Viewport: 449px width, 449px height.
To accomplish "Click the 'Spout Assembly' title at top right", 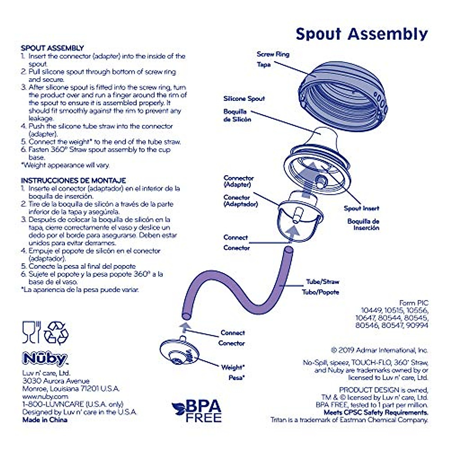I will pyautogui.click(x=361, y=34).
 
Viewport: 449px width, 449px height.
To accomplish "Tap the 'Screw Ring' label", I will pyautogui.click(x=273, y=54).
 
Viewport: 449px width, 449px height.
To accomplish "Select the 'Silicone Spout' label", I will pyautogui.click(x=244, y=99).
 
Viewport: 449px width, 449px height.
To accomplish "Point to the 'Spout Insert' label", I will pyautogui.click(x=361, y=208).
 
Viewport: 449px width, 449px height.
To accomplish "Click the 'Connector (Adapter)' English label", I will pyautogui.click(x=239, y=181).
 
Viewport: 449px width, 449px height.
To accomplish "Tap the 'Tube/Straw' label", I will pyautogui.click(x=323, y=282).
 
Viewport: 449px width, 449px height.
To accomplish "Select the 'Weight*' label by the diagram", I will pyautogui.click(x=233, y=367).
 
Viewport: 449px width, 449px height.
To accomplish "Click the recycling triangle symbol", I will pyautogui.click(x=56, y=332).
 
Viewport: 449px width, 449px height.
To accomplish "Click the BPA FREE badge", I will pyautogui.click(x=197, y=411).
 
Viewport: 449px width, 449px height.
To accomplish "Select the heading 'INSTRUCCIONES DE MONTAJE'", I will pyautogui.click(x=73, y=180).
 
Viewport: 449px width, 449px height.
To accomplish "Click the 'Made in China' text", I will pyautogui.click(x=45, y=420).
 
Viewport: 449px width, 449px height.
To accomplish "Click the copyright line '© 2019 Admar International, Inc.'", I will pyautogui.click(x=379, y=350).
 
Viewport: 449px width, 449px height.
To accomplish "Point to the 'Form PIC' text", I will pyautogui.click(x=414, y=303).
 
